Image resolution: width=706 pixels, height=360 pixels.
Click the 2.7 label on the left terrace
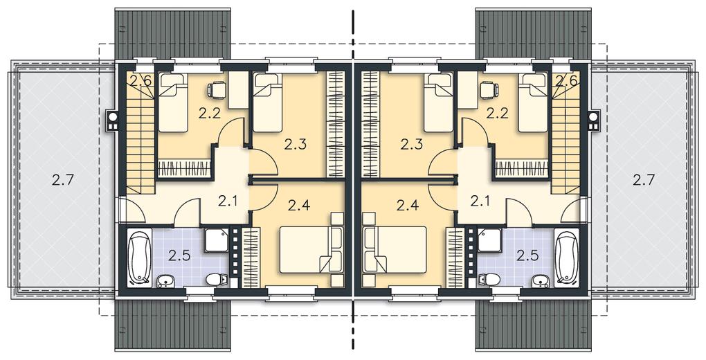(x=61, y=180)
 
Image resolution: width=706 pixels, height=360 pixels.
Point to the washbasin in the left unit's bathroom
(x=165, y=282)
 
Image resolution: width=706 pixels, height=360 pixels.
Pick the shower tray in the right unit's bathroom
(x=489, y=241)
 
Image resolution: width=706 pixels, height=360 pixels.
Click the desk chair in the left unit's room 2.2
(x=217, y=90)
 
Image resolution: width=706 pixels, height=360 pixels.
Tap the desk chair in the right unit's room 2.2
(x=489, y=90)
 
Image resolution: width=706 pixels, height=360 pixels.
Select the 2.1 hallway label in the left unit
(x=228, y=201)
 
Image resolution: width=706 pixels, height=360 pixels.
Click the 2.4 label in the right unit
(x=408, y=206)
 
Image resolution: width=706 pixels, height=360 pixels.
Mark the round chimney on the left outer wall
(x=112, y=118)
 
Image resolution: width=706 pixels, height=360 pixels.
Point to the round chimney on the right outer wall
(x=594, y=118)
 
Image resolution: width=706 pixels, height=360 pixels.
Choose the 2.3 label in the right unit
(x=410, y=145)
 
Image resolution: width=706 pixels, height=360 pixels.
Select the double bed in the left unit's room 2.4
(x=311, y=250)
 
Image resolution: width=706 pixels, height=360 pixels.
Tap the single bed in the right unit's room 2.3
(x=438, y=102)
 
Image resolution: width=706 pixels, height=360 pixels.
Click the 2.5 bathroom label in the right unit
(x=527, y=256)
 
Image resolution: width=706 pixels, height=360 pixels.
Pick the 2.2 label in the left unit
(x=209, y=113)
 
